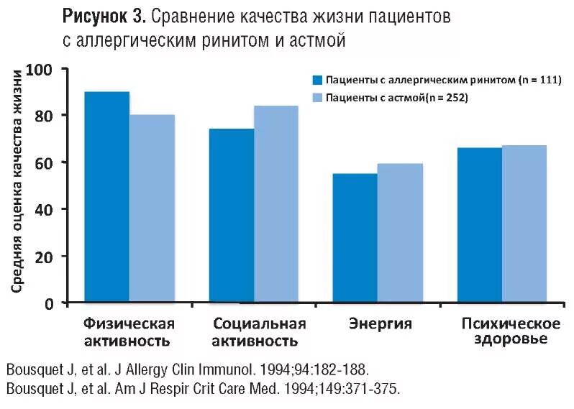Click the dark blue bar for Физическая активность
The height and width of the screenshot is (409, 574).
click(107, 197)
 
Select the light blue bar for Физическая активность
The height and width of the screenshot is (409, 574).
click(152, 208)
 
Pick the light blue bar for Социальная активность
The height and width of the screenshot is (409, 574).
click(276, 204)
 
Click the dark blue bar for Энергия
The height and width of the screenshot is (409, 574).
click(355, 238)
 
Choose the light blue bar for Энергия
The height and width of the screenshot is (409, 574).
click(400, 233)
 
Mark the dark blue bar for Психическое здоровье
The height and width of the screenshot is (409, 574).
click(479, 225)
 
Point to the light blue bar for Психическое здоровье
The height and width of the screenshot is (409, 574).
click(524, 224)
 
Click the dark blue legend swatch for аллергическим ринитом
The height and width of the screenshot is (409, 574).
click(316, 80)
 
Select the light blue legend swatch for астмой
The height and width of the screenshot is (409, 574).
click(316, 98)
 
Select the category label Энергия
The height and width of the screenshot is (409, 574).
click(381, 323)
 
